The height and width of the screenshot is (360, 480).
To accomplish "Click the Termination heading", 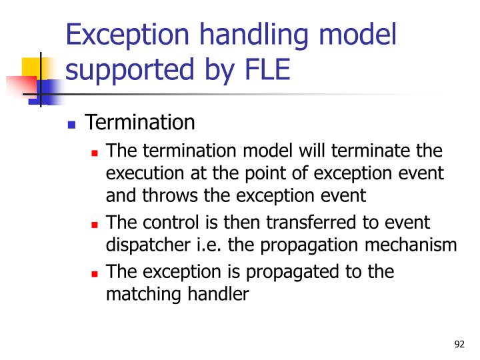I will [x=141, y=123].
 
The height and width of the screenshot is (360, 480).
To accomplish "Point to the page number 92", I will [x=459, y=344].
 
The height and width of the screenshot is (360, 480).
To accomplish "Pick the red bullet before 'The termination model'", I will [x=95, y=153].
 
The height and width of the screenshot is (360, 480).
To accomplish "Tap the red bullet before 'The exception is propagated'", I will [x=95, y=273].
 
